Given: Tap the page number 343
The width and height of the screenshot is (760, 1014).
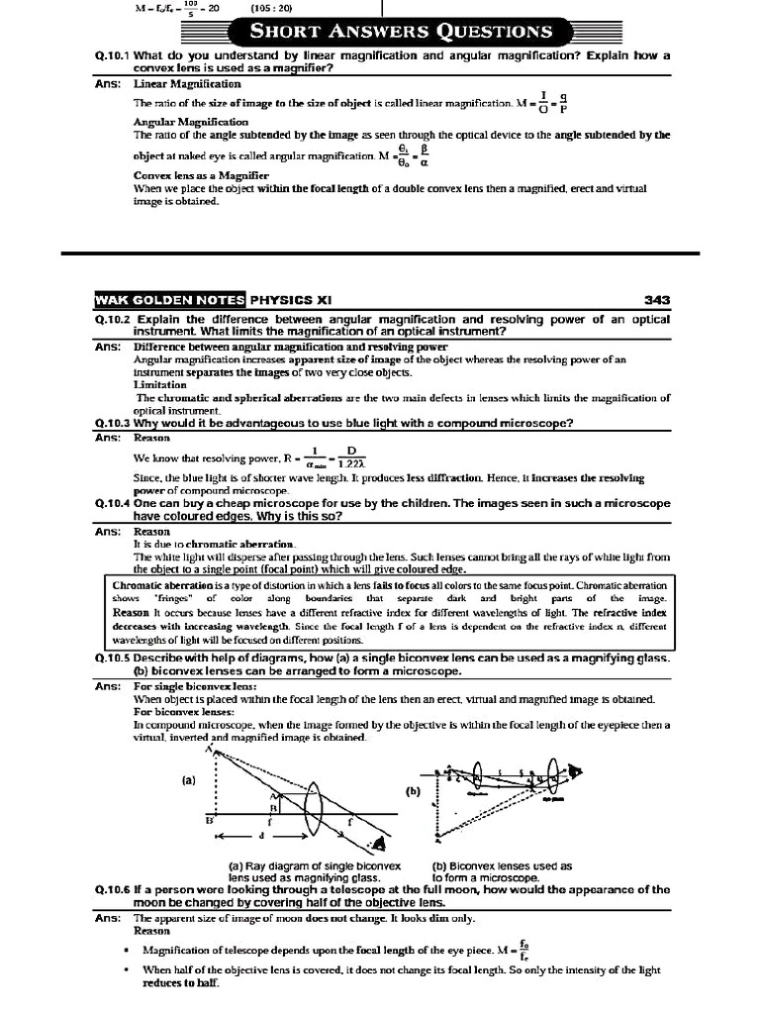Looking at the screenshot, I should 656,298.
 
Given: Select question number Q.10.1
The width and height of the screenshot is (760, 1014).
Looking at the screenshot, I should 114,55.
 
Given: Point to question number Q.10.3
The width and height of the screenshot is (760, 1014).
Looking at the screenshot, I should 114,423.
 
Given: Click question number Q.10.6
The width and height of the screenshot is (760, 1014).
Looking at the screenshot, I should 114,889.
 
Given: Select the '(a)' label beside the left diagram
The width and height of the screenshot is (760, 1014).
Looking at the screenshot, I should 189,780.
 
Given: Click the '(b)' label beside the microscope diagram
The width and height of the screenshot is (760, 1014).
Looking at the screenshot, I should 413,792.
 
